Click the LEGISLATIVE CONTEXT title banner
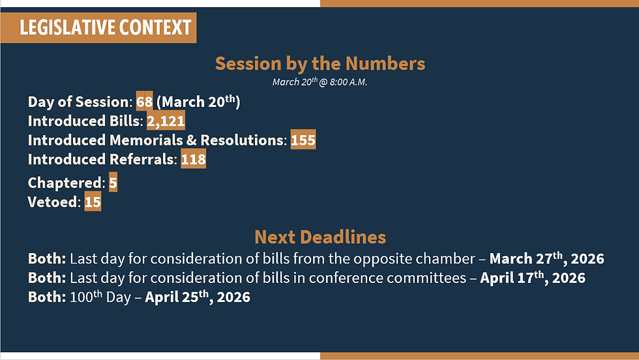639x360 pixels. tap(98, 28)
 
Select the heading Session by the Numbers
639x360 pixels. tap(320, 64)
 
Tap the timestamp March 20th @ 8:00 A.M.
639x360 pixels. tap(319, 82)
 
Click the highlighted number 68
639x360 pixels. tap(144, 102)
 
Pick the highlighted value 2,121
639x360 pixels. tap(166, 121)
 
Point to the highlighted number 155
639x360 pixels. tap(303, 140)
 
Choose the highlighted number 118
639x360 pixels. tap(193, 159)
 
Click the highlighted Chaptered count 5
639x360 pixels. tap(113, 183)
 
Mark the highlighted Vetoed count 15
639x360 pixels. tap(93, 202)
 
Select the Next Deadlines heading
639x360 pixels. tap(320, 237)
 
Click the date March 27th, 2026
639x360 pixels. tap(547, 258)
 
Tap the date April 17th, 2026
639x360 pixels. tap(533, 278)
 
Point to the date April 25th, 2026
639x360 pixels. tap(198, 297)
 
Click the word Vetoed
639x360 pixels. tap(52, 202)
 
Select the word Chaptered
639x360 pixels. tap(65, 183)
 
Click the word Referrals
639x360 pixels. tap(141, 159)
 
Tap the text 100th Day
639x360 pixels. tap(100, 297)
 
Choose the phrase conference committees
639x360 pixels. tap(387, 278)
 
